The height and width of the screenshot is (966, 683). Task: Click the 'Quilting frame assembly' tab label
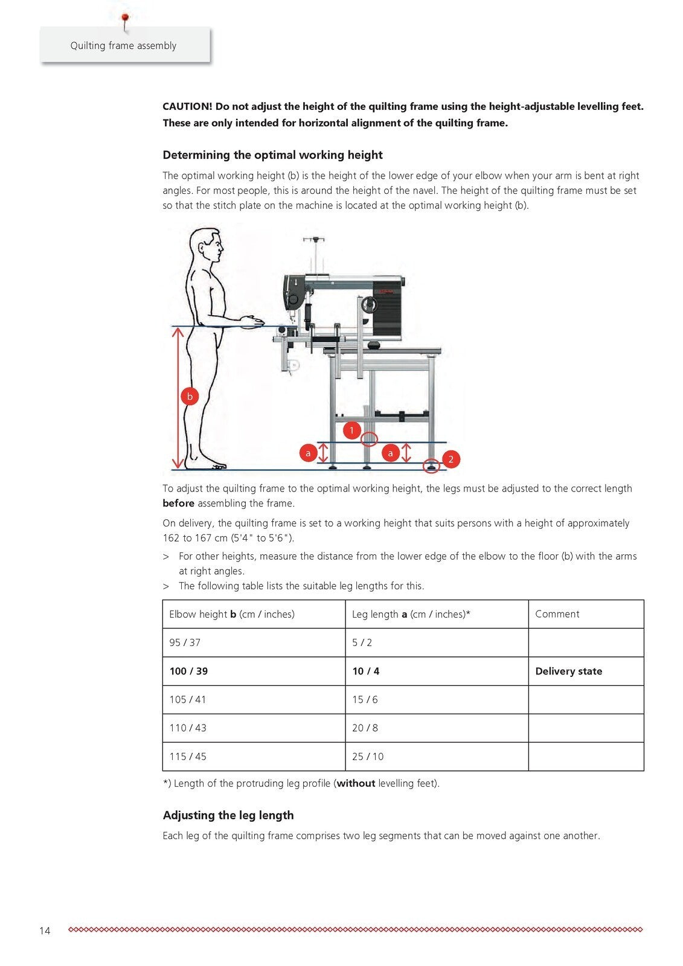[x=123, y=46]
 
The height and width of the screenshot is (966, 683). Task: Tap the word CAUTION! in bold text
[x=187, y=107]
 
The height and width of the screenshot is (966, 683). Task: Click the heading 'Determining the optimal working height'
[x=272, y=155]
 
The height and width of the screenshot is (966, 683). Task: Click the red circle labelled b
[x=190, y=397]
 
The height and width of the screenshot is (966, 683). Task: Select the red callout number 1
[x=351, y=430]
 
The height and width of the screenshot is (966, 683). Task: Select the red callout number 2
[x=451, y=459]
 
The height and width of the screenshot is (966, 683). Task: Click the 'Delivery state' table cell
[x=568, y=671]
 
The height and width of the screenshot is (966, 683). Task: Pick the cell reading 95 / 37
[x=185, y=643]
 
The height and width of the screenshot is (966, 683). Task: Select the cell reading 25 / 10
[x=368, y=756]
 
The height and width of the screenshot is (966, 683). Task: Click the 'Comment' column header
[x=557, y=614]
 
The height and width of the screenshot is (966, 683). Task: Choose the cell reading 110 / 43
[x=188, y=728]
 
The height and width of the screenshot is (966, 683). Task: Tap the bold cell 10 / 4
[x=365, y=671]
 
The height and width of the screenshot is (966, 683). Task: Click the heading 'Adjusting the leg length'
[x=228, y=816]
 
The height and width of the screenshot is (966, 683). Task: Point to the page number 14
[x=45, y=931]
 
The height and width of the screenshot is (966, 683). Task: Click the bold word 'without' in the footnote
[x=356, y=784]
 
